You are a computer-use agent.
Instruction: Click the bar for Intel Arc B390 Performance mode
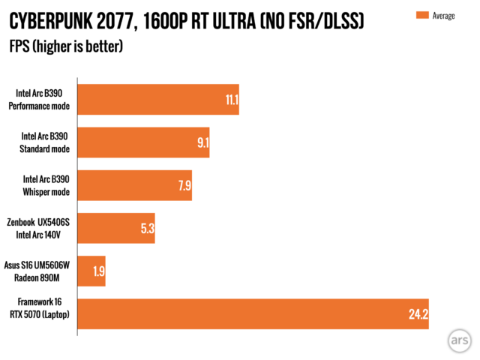click(x=157, y=100)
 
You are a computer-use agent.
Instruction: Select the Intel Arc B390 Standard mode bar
click(x=142, y=142)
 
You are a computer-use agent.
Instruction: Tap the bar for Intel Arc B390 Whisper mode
click(x=134, y=185)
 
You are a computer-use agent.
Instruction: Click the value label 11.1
click(x=231, y=100)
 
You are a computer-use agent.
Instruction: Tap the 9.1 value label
click(x=202, y=142)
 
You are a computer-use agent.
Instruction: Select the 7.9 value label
click(x=184, y=185)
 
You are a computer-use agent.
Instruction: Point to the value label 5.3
click(x=147, y=228)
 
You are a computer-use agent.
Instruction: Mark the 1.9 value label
click(x=97, y=271)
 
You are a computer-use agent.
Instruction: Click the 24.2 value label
click(x=418, y=313)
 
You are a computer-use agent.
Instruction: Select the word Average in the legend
click(x=443, y=15)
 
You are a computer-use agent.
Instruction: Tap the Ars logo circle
click(x=458, y=340)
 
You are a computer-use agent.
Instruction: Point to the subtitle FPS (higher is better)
click(x=65, y=46)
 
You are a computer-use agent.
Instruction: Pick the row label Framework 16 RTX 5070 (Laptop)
click(x=43, y=308)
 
